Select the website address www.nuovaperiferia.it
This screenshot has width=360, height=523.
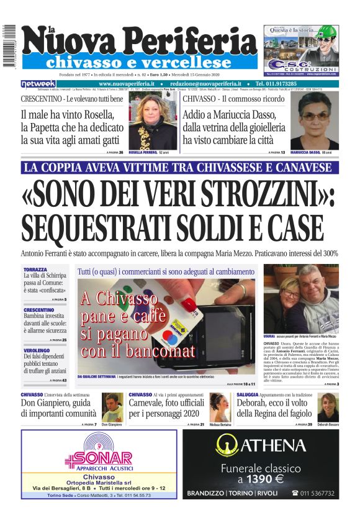pyautogui.click(x=126, y=84)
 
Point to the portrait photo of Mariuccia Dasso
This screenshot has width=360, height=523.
pyautogui.click(x=315, y=122)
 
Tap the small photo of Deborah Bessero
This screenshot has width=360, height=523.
pyautogui.click(x=328, y=407)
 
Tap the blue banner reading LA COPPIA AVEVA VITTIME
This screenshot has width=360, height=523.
pyautogui.click(x=180, y=168)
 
